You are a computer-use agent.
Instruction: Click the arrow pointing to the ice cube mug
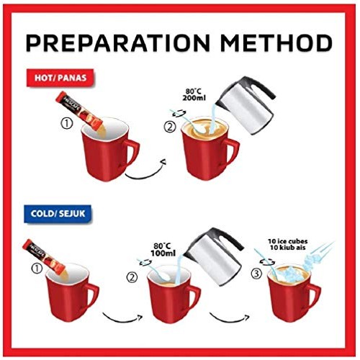[228, 316]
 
